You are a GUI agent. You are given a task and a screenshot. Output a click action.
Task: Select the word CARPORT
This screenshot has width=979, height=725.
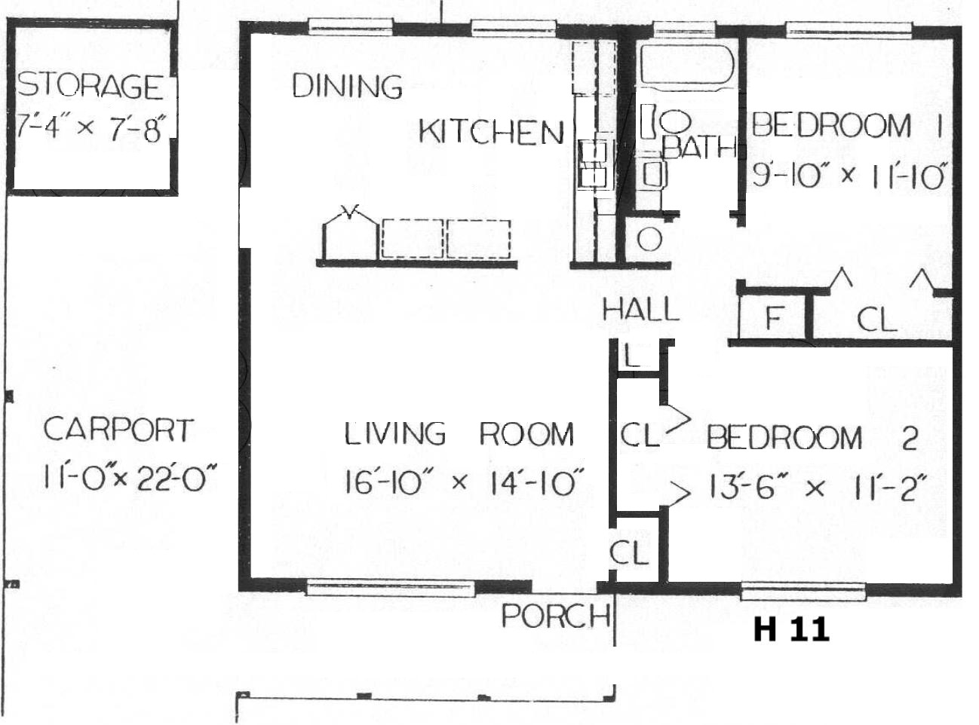click(x=118, y=430)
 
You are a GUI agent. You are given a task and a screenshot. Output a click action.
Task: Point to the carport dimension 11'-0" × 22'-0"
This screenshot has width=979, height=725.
click(x=130, y=477)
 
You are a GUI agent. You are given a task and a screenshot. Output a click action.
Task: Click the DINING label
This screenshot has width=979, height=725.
click(x=348, y=86)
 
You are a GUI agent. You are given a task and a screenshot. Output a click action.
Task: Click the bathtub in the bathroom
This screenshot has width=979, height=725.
click(x=687, y=64)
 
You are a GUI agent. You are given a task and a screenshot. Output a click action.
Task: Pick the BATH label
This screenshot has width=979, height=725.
click(x=700, y=148)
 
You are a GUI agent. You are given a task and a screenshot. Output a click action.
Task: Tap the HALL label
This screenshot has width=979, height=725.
click(x=641, y=309)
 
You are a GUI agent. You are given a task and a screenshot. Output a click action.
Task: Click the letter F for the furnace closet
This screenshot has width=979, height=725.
click(x=774, y=317)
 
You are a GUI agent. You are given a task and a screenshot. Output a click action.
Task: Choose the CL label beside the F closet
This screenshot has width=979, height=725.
click(x=876, y=319)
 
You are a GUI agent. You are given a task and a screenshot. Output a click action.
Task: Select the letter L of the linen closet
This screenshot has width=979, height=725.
click(x=632, y=356)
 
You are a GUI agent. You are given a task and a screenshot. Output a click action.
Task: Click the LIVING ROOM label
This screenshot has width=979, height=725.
click(x=459, y=433)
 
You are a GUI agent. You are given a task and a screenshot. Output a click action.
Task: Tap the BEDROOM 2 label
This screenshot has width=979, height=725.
click(x=812, y=437)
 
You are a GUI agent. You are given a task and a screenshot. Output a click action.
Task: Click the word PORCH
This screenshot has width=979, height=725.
click(x=556, y=616)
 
